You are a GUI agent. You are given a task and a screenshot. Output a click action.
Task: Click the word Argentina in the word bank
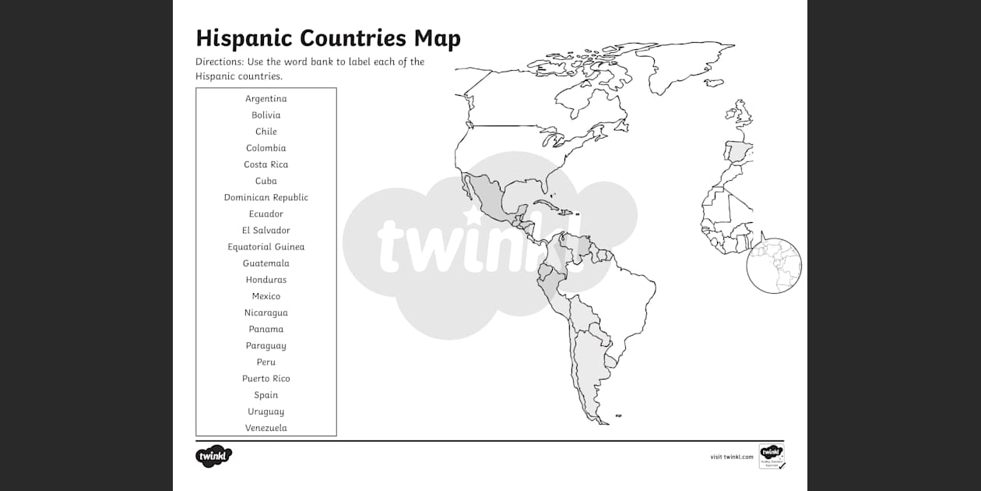tap(266, 99)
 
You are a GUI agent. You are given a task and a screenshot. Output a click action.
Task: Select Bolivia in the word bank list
tap(266, 115)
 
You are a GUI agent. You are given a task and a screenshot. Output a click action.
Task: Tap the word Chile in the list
tap(266, 132)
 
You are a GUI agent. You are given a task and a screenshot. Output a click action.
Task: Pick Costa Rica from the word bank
tap(266, 164)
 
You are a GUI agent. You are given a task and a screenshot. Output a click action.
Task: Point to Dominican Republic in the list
tap(266, 197)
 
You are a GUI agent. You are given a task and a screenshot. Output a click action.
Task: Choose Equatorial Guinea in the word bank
tap(266, 247)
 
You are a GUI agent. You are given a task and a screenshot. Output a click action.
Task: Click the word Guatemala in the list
tap(266, 263)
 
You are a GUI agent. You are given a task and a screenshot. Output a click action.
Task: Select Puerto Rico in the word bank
tap(266, 379)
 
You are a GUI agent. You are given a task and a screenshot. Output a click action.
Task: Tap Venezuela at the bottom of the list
tap(266, 428)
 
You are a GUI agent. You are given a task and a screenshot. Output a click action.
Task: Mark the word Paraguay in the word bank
tap(266, 346)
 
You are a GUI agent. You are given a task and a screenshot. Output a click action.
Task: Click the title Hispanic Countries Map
tap(328, 38)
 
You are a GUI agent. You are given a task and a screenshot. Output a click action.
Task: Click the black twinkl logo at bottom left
tap(214, 456)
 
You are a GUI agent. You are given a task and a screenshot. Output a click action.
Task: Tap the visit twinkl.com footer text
tap(731, 457)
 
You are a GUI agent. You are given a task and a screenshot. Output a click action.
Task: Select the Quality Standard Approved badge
tap(772, 456)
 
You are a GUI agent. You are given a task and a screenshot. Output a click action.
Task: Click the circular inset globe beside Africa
tap(774, 266)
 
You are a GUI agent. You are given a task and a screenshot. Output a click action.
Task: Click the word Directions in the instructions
tap(219, 62)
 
